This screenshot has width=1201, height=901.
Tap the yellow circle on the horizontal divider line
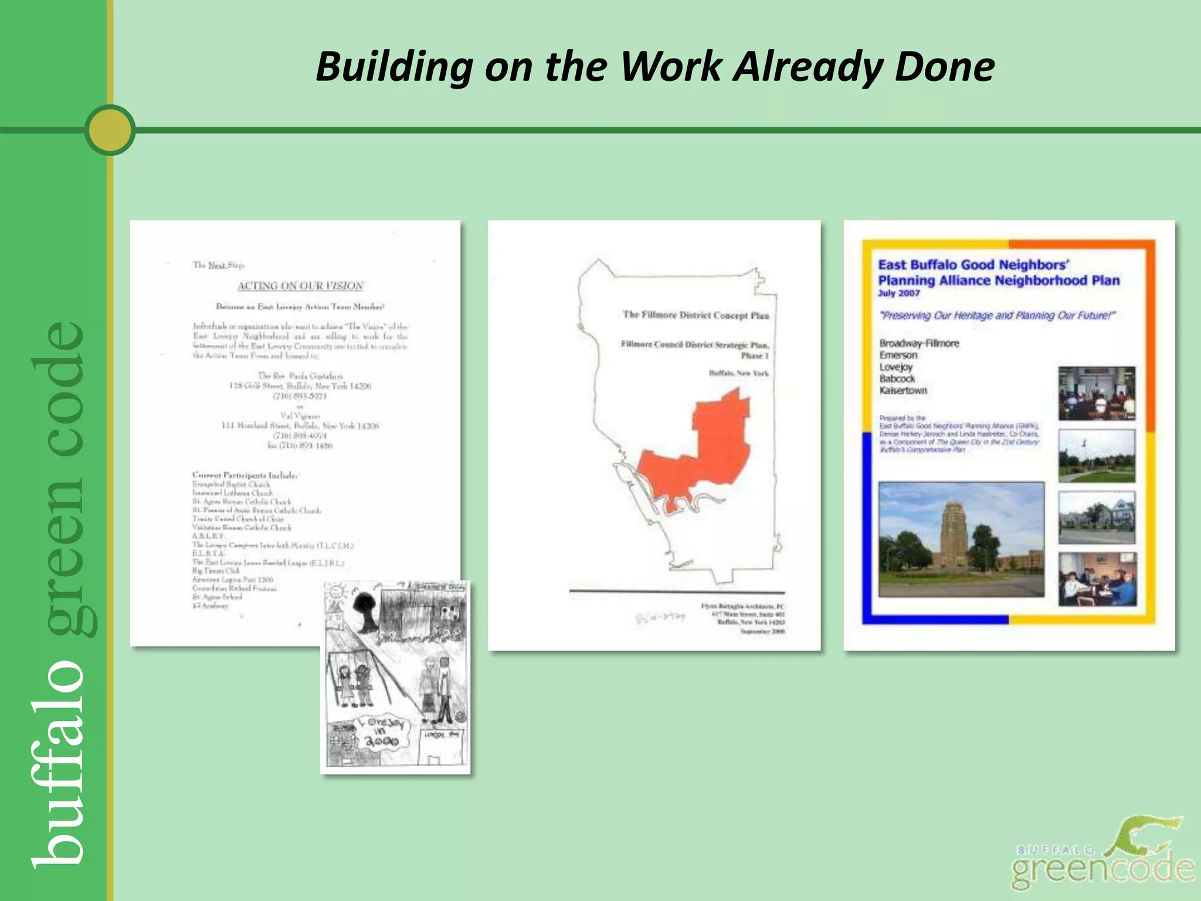(x=110, y=130)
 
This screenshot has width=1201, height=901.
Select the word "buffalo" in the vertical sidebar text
(x=59, y=763)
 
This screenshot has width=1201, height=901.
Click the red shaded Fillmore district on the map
(x=704, y=452)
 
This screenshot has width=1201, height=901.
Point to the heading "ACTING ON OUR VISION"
(x=300, y=286)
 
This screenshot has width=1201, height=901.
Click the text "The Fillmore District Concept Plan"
(x=696, y=316)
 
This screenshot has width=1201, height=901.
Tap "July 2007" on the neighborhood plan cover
(x=898, y=293)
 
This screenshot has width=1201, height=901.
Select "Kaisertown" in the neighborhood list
(x=903, y=391)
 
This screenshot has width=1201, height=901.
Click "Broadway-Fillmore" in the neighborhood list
(x=919, y=344)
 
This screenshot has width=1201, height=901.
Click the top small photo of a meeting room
(x=1097, y=393)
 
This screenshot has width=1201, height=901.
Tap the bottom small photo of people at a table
(x=1097, y=579)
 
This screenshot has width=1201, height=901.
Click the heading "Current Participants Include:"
(x=245, y=475)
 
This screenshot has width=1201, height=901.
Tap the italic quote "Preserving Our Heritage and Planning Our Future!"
(x=996, y=316)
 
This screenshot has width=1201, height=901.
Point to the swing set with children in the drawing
(x=355, y=680)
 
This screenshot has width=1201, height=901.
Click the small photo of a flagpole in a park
(x=1097, y=456)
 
